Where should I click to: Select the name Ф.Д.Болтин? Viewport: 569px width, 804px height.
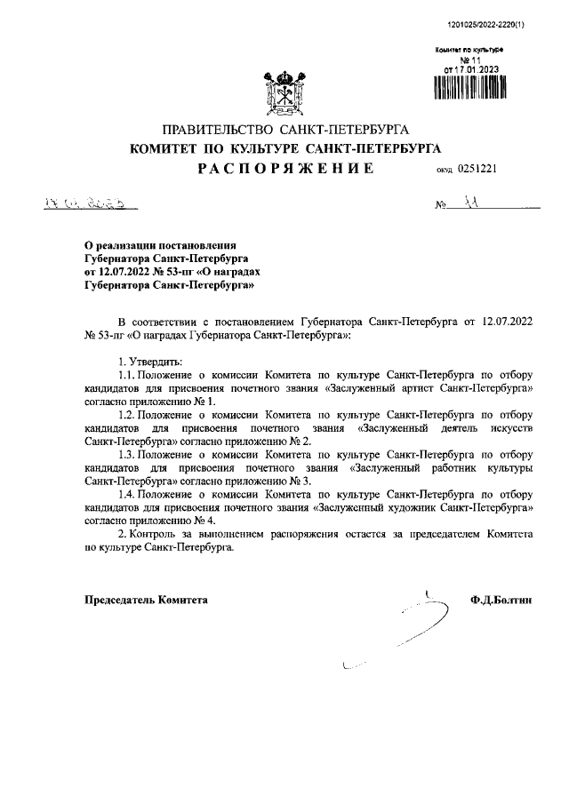coord(501,601)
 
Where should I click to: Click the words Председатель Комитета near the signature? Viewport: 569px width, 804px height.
coord(145,601)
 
